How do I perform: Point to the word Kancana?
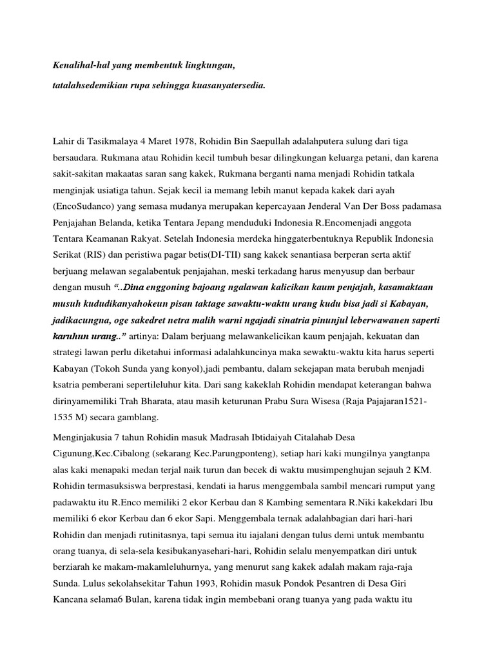(x=72, y=601)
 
